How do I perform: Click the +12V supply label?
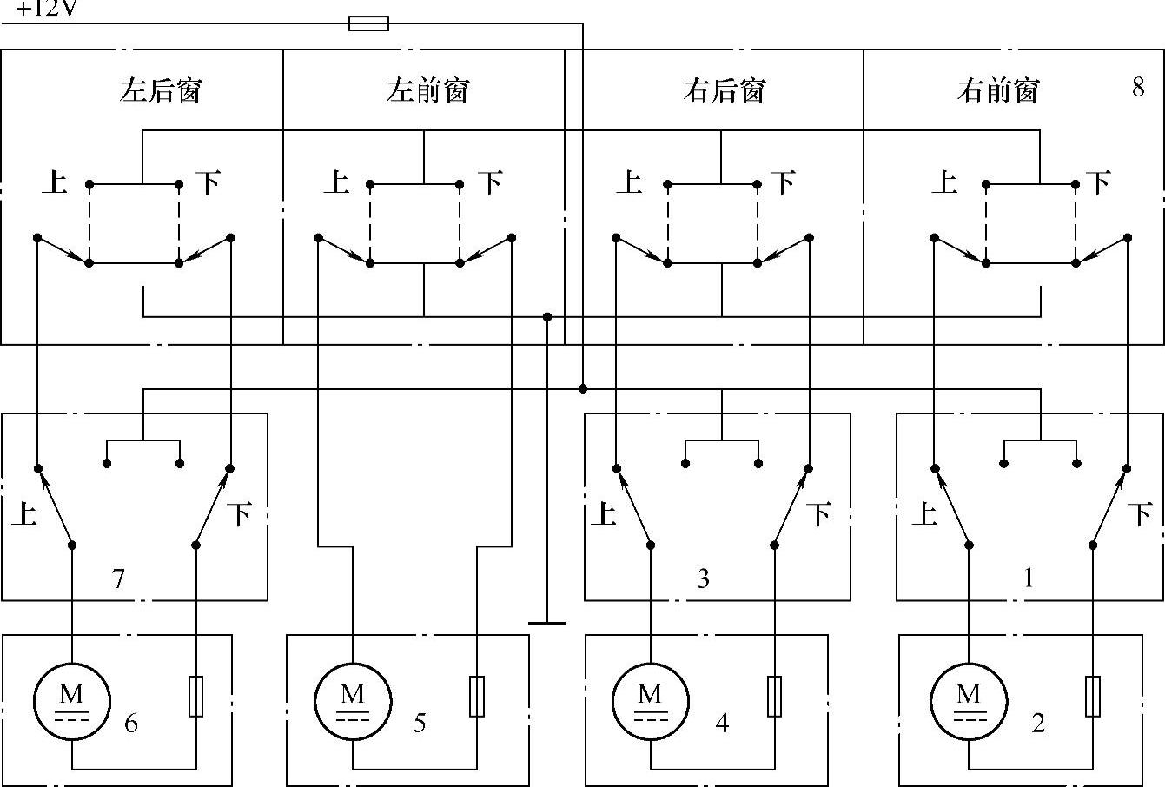(x=46, y=10)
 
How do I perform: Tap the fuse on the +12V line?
(x=368, y=23)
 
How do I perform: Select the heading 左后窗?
(x=161, y=90)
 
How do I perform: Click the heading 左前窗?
(x=428, y=90)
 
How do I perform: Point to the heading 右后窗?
(x=725, y=90)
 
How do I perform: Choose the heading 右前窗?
(x=998, y=90)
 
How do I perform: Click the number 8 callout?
(x=1138, y=88)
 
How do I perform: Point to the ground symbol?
(x=547, y=622)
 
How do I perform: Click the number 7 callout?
(x=119, y=578)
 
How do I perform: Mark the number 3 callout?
(x=704, y=578)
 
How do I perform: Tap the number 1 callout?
(x=1029, y=578)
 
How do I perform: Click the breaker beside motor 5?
(x=477, y=697)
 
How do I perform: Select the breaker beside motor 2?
(x=1094, y=697)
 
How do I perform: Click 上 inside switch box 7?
(x=23, y=514)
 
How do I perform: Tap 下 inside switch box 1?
(x=1140, y=514)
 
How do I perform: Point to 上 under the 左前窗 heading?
(x=335, y=182)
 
